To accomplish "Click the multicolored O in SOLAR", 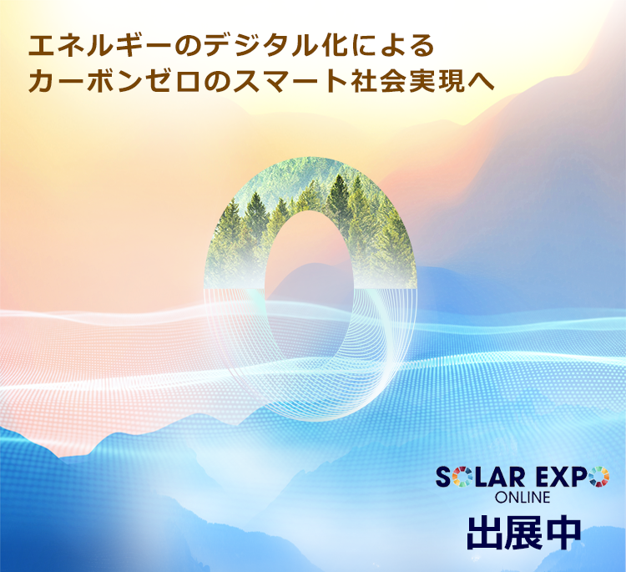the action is pyautogui.click(x=462, y=477).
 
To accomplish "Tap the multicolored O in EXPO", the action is pyautogui.click(x=599, y=477).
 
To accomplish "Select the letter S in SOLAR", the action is pyautogui.click(x=443, y=478).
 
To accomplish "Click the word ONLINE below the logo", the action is pyautogui.click(x=523, y=498).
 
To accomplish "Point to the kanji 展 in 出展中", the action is pyautogui.click(x=523, y=534).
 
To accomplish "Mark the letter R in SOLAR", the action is pyautogui.click(x=517, y=478).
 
